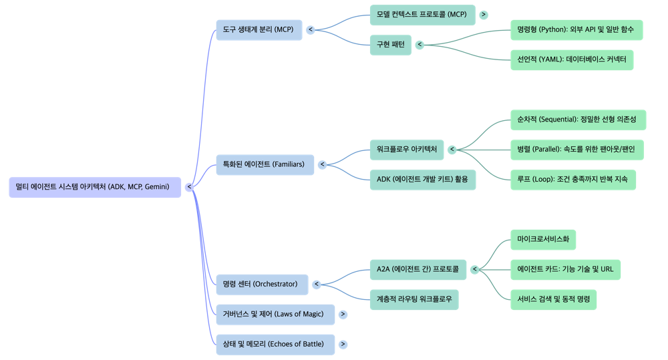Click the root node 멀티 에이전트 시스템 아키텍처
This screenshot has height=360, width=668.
point(95,187)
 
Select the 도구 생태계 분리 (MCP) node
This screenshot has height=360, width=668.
point(259,29)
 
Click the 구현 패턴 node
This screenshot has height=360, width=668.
point(390,45)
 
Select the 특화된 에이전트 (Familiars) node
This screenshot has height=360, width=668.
point(264,164)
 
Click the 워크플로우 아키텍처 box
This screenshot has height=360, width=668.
point(406,150)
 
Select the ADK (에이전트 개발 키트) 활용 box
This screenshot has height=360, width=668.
point(422,180)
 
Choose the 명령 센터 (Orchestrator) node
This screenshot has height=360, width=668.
point(261,285)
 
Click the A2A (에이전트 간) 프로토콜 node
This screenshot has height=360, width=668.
point(417,269)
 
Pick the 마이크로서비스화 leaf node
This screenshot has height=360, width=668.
point(542,240)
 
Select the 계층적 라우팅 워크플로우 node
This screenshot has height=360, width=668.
point(413,299)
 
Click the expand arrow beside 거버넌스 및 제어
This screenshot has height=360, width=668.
point(343,314)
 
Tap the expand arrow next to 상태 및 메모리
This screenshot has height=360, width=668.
point(343,344)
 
